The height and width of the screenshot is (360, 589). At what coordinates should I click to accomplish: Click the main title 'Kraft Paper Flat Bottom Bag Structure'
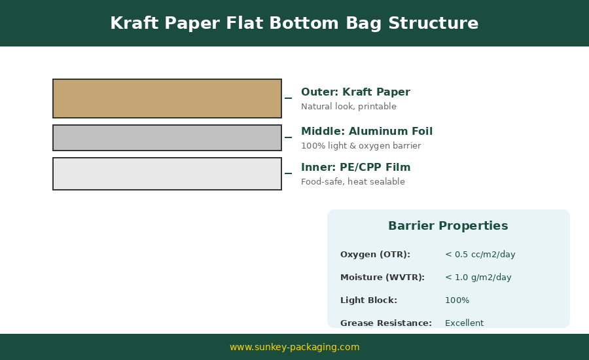pyautogui.click(x=294, y=24)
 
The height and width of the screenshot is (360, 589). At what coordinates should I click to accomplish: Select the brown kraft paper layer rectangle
pyautogui.click(x=167, y=98)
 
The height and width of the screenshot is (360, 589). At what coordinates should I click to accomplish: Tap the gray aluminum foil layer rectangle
pyautogui.click(x=167, y=137)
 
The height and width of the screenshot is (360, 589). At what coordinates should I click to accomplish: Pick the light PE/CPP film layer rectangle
pyautogui.click(x=167, y=173)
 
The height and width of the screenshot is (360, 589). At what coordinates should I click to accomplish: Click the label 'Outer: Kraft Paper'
pyautogui.click(x=355, y=92)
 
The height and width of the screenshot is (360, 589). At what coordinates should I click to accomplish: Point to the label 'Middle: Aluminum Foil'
pyautogui.click(x=366, y=132)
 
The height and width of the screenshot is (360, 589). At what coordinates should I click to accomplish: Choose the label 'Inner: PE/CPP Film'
pyautogui.click(x=355, y=168)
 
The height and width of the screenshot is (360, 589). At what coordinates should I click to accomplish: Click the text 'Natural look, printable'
pyautogui.click(x=348, y=107)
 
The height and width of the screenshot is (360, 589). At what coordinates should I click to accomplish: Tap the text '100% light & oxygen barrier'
pyautogui.click(x=361, y=146)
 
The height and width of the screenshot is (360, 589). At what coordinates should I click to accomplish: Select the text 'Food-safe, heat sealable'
pyautogui.click(x=353, y=182)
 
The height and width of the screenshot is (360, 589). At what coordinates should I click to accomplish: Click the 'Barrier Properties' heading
pyautogui.click(x=448, y=226)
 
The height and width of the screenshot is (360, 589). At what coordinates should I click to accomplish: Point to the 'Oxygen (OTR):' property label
pyautogui.click(x=375, y=255)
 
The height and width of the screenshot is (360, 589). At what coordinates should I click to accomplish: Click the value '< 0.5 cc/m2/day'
pyautogui.click(x=480, y=255)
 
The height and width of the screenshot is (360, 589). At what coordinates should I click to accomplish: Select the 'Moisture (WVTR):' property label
pyautogui.click(x=382, y=278)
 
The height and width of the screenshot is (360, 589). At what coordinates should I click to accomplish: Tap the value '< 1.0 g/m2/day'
pyautogui.click(x=478, y=278)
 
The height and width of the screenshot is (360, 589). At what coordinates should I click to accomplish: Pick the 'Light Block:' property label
pyautogui.click(x=368, y=300)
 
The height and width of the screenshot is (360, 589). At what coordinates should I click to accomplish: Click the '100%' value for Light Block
pyautogui.click(x=457, y=300)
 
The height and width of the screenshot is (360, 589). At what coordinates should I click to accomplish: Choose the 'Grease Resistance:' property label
pyautogui.click(x=385, y=323)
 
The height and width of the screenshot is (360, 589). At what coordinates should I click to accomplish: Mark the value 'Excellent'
pyautogui.click(x=464, y=323)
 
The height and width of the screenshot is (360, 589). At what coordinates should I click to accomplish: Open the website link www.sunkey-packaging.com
pyautogui.click(x=294, y=347)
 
